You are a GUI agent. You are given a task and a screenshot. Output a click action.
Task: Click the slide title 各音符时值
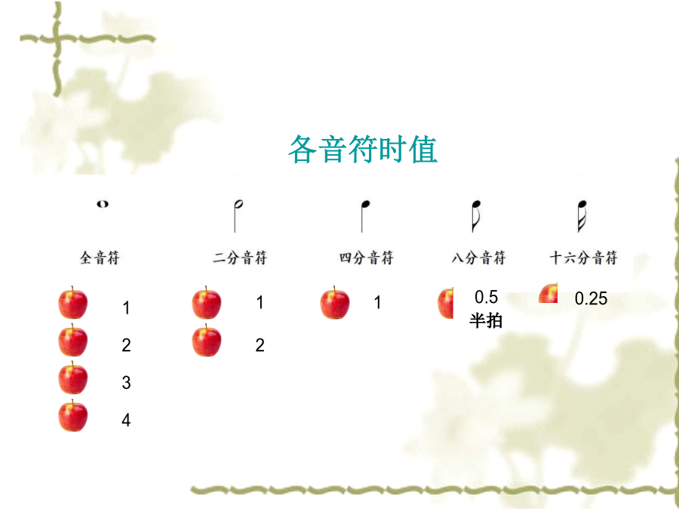point(363,149)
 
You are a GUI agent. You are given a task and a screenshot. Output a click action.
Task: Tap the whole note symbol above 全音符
point(103,204)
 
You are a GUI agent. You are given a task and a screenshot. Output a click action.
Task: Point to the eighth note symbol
point(476,216)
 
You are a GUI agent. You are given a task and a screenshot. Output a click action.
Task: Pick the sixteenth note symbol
point(582,216)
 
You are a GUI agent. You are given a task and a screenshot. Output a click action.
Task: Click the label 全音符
point(100,258)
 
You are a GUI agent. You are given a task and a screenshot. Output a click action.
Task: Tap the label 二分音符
point(240,258)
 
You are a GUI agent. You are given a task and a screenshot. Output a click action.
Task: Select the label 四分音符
point(367,258)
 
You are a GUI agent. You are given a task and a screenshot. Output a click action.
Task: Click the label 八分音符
point(478,258)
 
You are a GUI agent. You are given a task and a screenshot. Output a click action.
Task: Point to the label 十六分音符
point(583,258)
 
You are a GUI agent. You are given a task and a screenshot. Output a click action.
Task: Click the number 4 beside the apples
point(126,420)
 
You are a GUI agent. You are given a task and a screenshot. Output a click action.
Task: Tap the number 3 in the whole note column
point(126,382)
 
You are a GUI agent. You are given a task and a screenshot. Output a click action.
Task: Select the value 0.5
point(487,297)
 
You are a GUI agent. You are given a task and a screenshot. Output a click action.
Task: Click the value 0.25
point(591,298)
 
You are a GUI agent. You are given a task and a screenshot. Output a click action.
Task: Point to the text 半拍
point(486,321)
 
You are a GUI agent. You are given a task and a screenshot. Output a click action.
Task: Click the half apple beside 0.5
point(446,304)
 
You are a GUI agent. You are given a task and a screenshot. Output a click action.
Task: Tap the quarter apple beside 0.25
point(548,293)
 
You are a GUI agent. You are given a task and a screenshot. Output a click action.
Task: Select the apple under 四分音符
point(335,303)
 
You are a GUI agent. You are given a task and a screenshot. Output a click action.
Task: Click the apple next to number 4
point(73,416)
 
